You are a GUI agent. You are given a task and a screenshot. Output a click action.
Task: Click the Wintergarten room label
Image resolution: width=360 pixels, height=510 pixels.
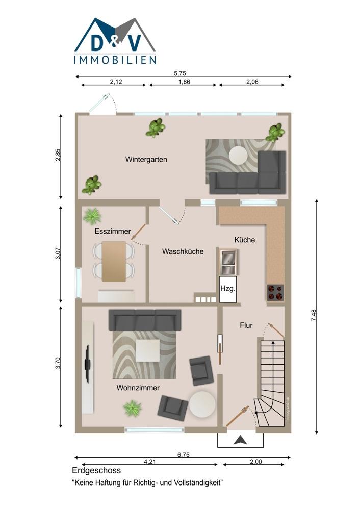(x=146, y=159)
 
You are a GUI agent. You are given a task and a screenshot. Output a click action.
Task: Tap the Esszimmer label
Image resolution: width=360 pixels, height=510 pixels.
(x=113, y=231)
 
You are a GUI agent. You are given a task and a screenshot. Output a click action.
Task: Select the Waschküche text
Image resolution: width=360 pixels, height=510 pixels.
(x=183, y=251)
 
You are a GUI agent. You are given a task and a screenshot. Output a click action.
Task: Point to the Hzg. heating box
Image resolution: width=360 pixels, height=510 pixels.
(x=227, y=289)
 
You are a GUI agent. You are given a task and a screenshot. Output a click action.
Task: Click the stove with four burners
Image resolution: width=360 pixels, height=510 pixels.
(x=275, y=292)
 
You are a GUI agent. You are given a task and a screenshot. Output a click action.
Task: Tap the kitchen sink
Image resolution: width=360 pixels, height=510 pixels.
(x=227, y=262)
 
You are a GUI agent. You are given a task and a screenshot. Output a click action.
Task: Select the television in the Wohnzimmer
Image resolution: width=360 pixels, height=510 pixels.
(x=87, y=364)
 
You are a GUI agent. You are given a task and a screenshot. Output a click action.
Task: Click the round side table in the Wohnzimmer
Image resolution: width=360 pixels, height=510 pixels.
(x=202, y=403)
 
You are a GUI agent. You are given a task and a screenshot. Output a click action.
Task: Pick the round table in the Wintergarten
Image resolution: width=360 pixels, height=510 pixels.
(x=242, y=156)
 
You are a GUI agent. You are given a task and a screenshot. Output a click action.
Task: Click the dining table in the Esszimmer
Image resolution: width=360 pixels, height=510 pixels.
(x=114, y=261)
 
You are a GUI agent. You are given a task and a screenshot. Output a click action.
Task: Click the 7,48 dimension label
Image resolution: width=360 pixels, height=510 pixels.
(x=314, y=316)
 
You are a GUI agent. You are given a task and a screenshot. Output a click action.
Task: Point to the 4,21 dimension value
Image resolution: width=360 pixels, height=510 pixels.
(x=149, y=461)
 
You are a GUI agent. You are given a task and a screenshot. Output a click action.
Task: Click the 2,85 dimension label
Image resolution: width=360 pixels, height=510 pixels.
(x=58, y=155)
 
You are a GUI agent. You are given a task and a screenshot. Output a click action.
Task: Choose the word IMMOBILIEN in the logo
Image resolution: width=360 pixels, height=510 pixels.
(x=115, y=60)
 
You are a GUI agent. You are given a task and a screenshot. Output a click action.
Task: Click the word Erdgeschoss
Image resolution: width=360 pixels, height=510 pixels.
(x=96, y=470)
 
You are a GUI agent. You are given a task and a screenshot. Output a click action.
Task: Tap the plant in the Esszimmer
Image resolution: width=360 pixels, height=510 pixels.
(x=92, y=216)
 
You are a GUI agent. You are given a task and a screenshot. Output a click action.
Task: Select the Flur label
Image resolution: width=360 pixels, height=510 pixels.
(x=246, y=325)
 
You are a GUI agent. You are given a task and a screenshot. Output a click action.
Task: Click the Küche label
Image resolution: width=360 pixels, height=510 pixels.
(x=245, y=240)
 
